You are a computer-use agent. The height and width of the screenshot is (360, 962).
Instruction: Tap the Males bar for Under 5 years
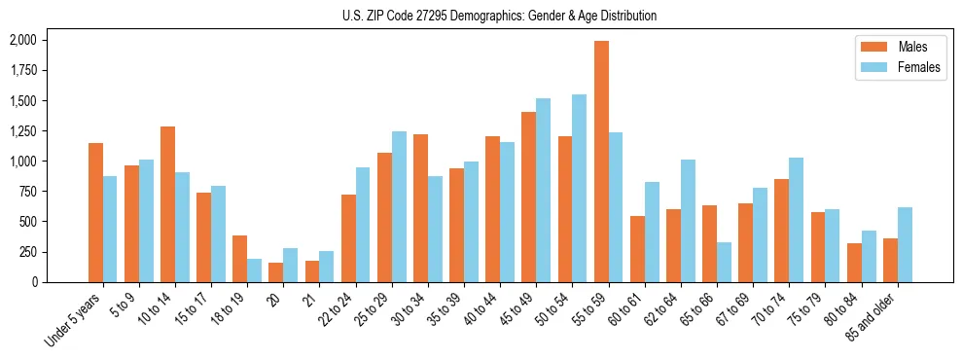pos(95,212)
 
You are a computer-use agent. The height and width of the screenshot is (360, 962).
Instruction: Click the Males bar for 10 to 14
pos(167,204)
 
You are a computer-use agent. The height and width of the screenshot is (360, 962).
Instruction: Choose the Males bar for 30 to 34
pos(420,208)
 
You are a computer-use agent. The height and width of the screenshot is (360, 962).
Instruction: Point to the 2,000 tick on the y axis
pos(22,40)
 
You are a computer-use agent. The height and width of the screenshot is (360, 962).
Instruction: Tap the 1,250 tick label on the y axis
pos(22,131)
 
